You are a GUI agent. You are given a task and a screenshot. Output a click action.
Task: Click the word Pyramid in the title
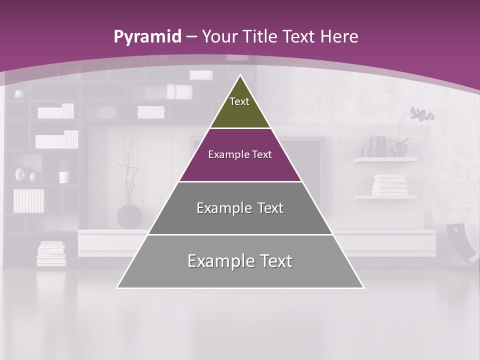147,37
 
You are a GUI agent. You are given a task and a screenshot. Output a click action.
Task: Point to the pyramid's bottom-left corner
117,288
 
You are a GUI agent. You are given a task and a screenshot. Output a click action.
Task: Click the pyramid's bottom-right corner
363,288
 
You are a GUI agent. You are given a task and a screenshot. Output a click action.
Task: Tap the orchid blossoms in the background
422,114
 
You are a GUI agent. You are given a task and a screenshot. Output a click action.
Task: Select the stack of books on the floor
51,253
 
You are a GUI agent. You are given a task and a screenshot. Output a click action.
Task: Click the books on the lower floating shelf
389,185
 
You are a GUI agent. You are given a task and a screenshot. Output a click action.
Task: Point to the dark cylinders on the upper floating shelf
373,147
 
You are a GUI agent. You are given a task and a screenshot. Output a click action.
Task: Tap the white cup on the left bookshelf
64,177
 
